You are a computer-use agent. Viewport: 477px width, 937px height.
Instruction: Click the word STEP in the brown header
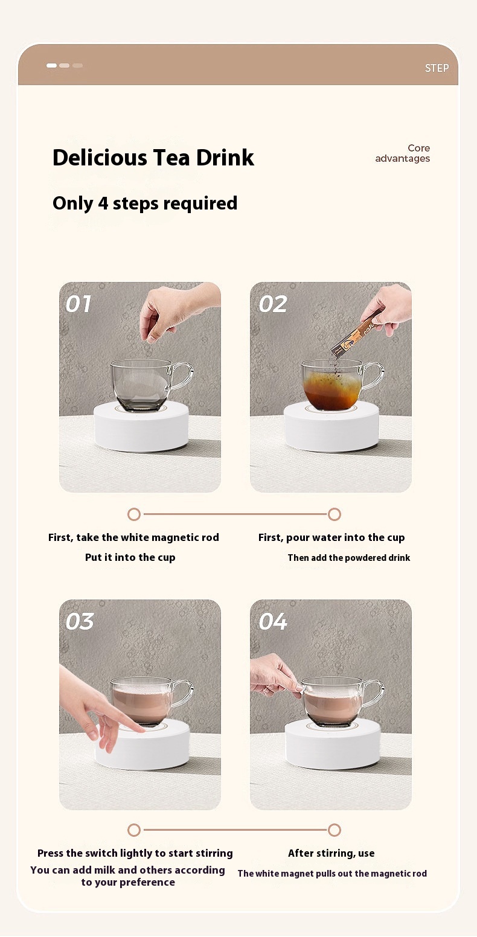437,68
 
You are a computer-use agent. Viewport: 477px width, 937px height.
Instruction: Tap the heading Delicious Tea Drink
153,158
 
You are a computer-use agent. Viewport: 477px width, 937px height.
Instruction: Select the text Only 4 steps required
145,203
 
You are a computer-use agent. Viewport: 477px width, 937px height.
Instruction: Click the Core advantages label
403,153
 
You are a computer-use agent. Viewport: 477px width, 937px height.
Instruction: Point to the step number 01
78,304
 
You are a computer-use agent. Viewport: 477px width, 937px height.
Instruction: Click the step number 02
273,304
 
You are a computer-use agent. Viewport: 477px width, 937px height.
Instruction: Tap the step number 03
80,622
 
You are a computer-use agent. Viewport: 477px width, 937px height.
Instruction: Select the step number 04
273,622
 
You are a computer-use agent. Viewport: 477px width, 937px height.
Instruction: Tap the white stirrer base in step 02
331,427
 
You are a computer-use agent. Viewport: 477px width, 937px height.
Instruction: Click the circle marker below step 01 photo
134,514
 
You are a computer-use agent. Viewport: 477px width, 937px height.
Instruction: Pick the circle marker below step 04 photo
335,830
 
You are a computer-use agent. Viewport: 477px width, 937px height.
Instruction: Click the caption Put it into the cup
130,558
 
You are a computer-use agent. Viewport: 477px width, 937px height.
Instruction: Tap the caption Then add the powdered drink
349,558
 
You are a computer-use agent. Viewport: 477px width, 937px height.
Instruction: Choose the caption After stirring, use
331,853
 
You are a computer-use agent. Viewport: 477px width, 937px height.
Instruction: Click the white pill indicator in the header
51,65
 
